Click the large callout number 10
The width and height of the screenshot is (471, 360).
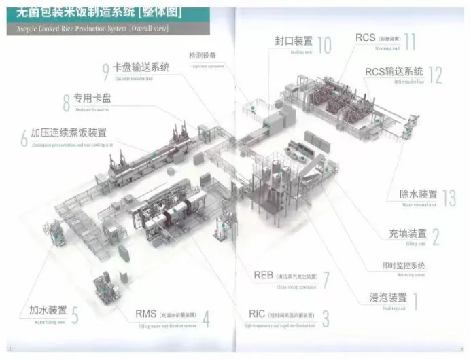point(324,45)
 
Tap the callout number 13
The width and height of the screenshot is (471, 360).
point(449,198)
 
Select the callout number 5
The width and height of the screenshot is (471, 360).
point(75,315)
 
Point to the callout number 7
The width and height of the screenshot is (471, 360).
point(326,280)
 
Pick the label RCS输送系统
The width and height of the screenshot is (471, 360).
point(394,71)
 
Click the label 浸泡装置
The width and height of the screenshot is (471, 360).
point(388,297)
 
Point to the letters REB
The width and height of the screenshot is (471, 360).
point(263,275)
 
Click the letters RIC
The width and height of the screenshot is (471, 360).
point(256,314)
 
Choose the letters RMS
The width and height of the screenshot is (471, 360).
point(146,314)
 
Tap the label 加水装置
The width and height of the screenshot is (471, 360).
point(48,310)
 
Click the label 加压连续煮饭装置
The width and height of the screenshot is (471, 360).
point(69,132)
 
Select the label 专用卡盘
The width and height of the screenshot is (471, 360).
point(92,98)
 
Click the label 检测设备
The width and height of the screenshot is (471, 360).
point(203,55)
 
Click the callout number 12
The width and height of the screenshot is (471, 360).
point(435,75)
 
